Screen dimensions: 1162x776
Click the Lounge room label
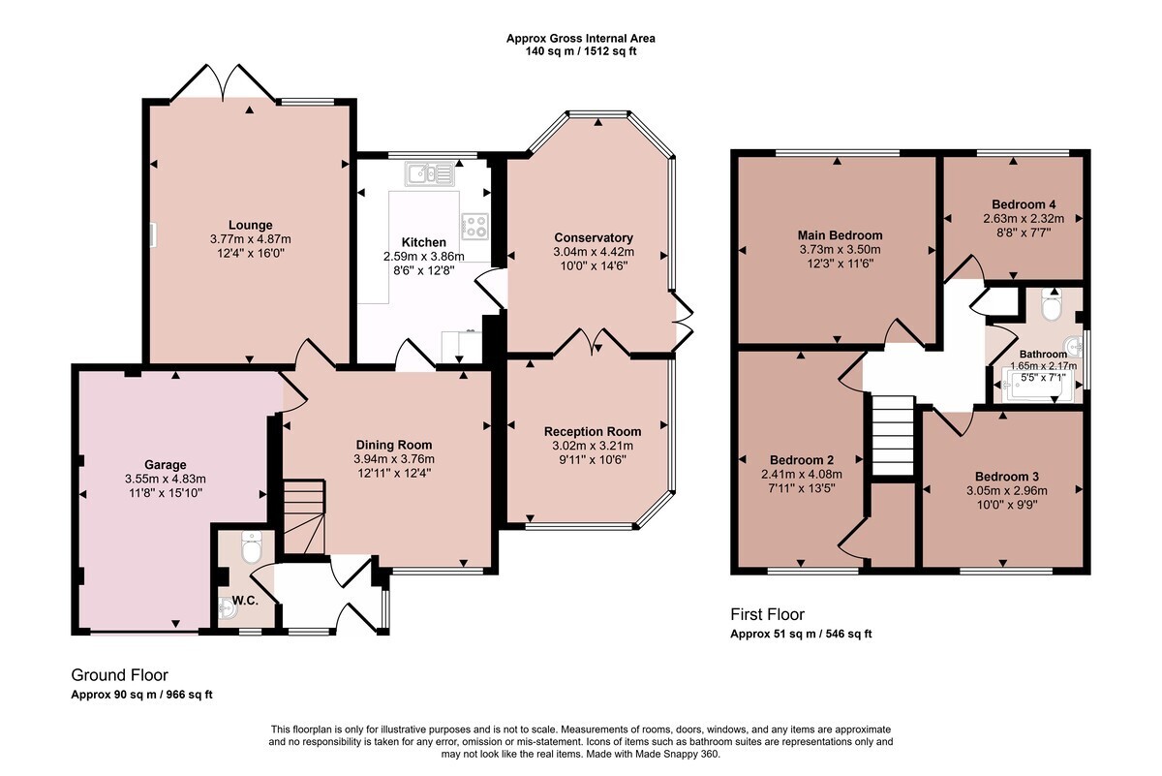click(251, 225)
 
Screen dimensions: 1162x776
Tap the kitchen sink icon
click(430, 173)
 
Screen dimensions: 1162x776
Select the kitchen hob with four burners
click(474, 227)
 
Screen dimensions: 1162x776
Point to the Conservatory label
click(594, 237)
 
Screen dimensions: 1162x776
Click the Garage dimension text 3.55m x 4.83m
click(166, 479)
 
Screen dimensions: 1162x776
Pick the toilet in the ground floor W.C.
click(252, 546)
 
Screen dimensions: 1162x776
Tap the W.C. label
click(245, 601)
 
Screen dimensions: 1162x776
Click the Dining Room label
click(394, 445)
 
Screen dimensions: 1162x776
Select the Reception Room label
click(593, 431)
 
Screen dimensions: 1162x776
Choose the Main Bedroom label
click(840, 235)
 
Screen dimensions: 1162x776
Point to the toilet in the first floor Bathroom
click(1053, 303)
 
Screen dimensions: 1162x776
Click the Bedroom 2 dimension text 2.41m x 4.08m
click(802, 474)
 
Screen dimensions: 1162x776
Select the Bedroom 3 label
click(1007, 477)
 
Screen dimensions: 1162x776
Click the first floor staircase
click(892, 436)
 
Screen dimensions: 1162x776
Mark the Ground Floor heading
click(119, 675)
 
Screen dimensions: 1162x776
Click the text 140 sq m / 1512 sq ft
click(580, 51)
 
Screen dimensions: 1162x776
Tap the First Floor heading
click(767, 614)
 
